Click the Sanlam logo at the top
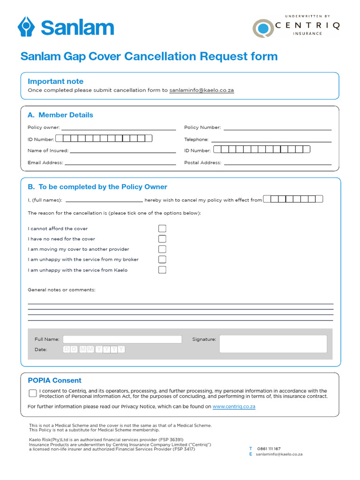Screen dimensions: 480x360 (x=66, y=27)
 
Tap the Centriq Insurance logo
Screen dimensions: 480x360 (x=295, y=27)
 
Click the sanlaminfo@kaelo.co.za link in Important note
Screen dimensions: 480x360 (x=202, y=90)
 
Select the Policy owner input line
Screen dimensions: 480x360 (x=119, y=128)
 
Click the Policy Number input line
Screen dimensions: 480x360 (x=277, y=128)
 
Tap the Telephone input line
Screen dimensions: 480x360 (x=271, y=140)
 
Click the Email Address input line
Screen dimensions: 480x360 (x=120, y=163)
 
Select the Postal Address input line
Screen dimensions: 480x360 (x=278, y=163)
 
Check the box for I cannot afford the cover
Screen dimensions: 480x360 (x=162, y=229)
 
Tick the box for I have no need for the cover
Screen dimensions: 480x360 (x=162, y=239)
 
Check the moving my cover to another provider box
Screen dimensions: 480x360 (x=162, y=249)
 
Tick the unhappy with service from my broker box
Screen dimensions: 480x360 (x=162, y=260)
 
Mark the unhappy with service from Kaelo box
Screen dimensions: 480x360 (x=162, y=270)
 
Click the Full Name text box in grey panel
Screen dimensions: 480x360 (x=122, y=339)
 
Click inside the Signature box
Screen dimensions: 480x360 (x=273, y=344)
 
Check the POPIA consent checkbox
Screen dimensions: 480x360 (x=33, y=393)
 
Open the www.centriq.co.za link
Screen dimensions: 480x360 (x=234, y=407)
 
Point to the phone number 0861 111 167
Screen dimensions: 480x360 (x=269, y=449)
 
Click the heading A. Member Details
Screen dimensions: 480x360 (x=60, y=115)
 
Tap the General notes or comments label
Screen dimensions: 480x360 (x=61, y=290)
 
